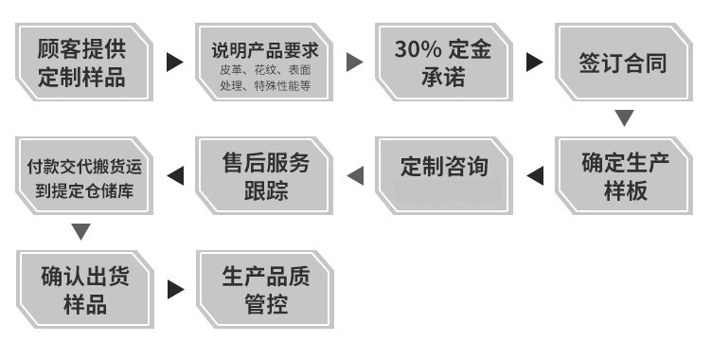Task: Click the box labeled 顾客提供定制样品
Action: [82, 62]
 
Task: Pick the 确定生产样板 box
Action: [624, 175]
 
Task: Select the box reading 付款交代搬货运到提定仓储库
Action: [83, 175]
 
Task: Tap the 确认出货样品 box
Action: [82, 289]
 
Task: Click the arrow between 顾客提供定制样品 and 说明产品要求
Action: [174, 63]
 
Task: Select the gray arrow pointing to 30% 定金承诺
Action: [355, 63]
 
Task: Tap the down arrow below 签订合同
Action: [624, 118]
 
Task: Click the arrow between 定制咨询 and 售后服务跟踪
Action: [355, 175]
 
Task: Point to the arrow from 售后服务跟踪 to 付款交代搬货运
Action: [175, 175]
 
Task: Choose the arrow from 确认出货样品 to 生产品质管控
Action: [175, 289]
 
